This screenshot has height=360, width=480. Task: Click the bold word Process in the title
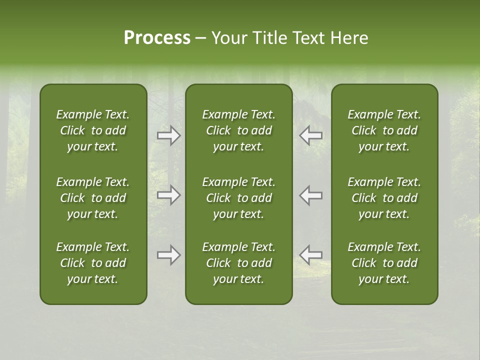tap(157, 38)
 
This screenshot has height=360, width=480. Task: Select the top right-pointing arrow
tap(169, 135)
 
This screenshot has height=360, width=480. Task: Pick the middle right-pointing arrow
tap(169, 195)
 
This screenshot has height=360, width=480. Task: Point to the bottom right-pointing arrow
tap(169, 255)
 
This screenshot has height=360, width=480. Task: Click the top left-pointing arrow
tap(311, 135)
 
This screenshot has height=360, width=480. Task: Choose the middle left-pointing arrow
tap(311, 195)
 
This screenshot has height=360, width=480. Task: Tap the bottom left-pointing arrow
tap(311, 255)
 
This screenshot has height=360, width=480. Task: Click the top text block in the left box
tap(93, 130)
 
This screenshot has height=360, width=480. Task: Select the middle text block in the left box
tap(93, 198)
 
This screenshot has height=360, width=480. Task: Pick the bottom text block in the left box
tap(93, 263)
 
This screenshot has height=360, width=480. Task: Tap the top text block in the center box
tap(238, 130)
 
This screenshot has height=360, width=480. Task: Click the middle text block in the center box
tap(238, 198)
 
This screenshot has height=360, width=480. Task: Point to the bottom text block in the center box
tap(238, 263)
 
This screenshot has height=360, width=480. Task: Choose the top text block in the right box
tap(384, 130)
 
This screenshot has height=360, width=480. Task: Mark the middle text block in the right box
tap(384, 198)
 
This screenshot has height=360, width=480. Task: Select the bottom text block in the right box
tap(384, 263)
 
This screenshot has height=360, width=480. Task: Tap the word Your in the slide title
tap(227, 38)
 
